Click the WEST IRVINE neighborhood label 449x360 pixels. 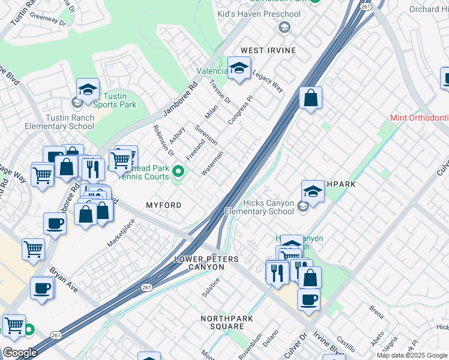268,50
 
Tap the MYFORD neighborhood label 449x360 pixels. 164,205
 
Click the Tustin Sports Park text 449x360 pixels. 118,100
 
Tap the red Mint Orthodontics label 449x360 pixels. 419,118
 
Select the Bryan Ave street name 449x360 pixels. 64,280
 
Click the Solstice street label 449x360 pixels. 211,287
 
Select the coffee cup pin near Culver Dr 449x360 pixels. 309,299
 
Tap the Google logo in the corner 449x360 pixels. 19,353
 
